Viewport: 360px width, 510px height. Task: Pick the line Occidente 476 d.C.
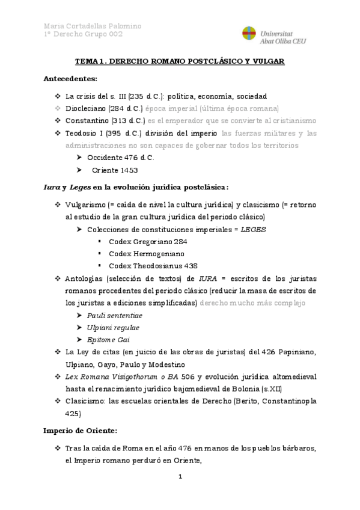[120, 157]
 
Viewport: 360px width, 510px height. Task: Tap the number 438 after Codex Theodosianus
[190, 265]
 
